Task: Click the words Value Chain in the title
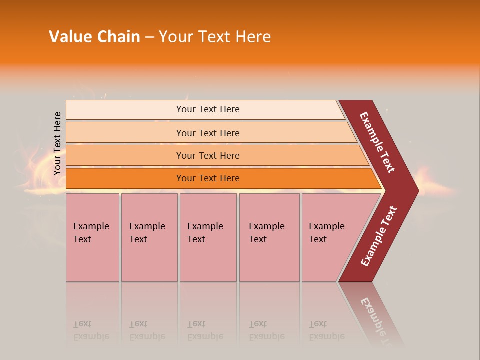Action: (94, 37)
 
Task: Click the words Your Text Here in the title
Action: (215, 37)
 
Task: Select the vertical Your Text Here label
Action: (57, 144)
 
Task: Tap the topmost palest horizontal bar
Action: (207, 109)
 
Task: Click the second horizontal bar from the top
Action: (207, 133)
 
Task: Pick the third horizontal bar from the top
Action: (207, 155)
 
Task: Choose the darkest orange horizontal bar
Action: (207, 178)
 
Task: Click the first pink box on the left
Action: (92, 237)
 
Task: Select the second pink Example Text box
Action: (149, 237)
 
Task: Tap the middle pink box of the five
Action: (208, 237)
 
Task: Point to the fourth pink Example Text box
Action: (269, 237)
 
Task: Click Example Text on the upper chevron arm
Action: (377, 142)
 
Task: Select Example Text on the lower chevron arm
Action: (379, 236)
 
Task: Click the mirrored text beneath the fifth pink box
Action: (327, 330)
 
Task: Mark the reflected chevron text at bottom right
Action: (378, 320)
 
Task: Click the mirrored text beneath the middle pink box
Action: (205, 330)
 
